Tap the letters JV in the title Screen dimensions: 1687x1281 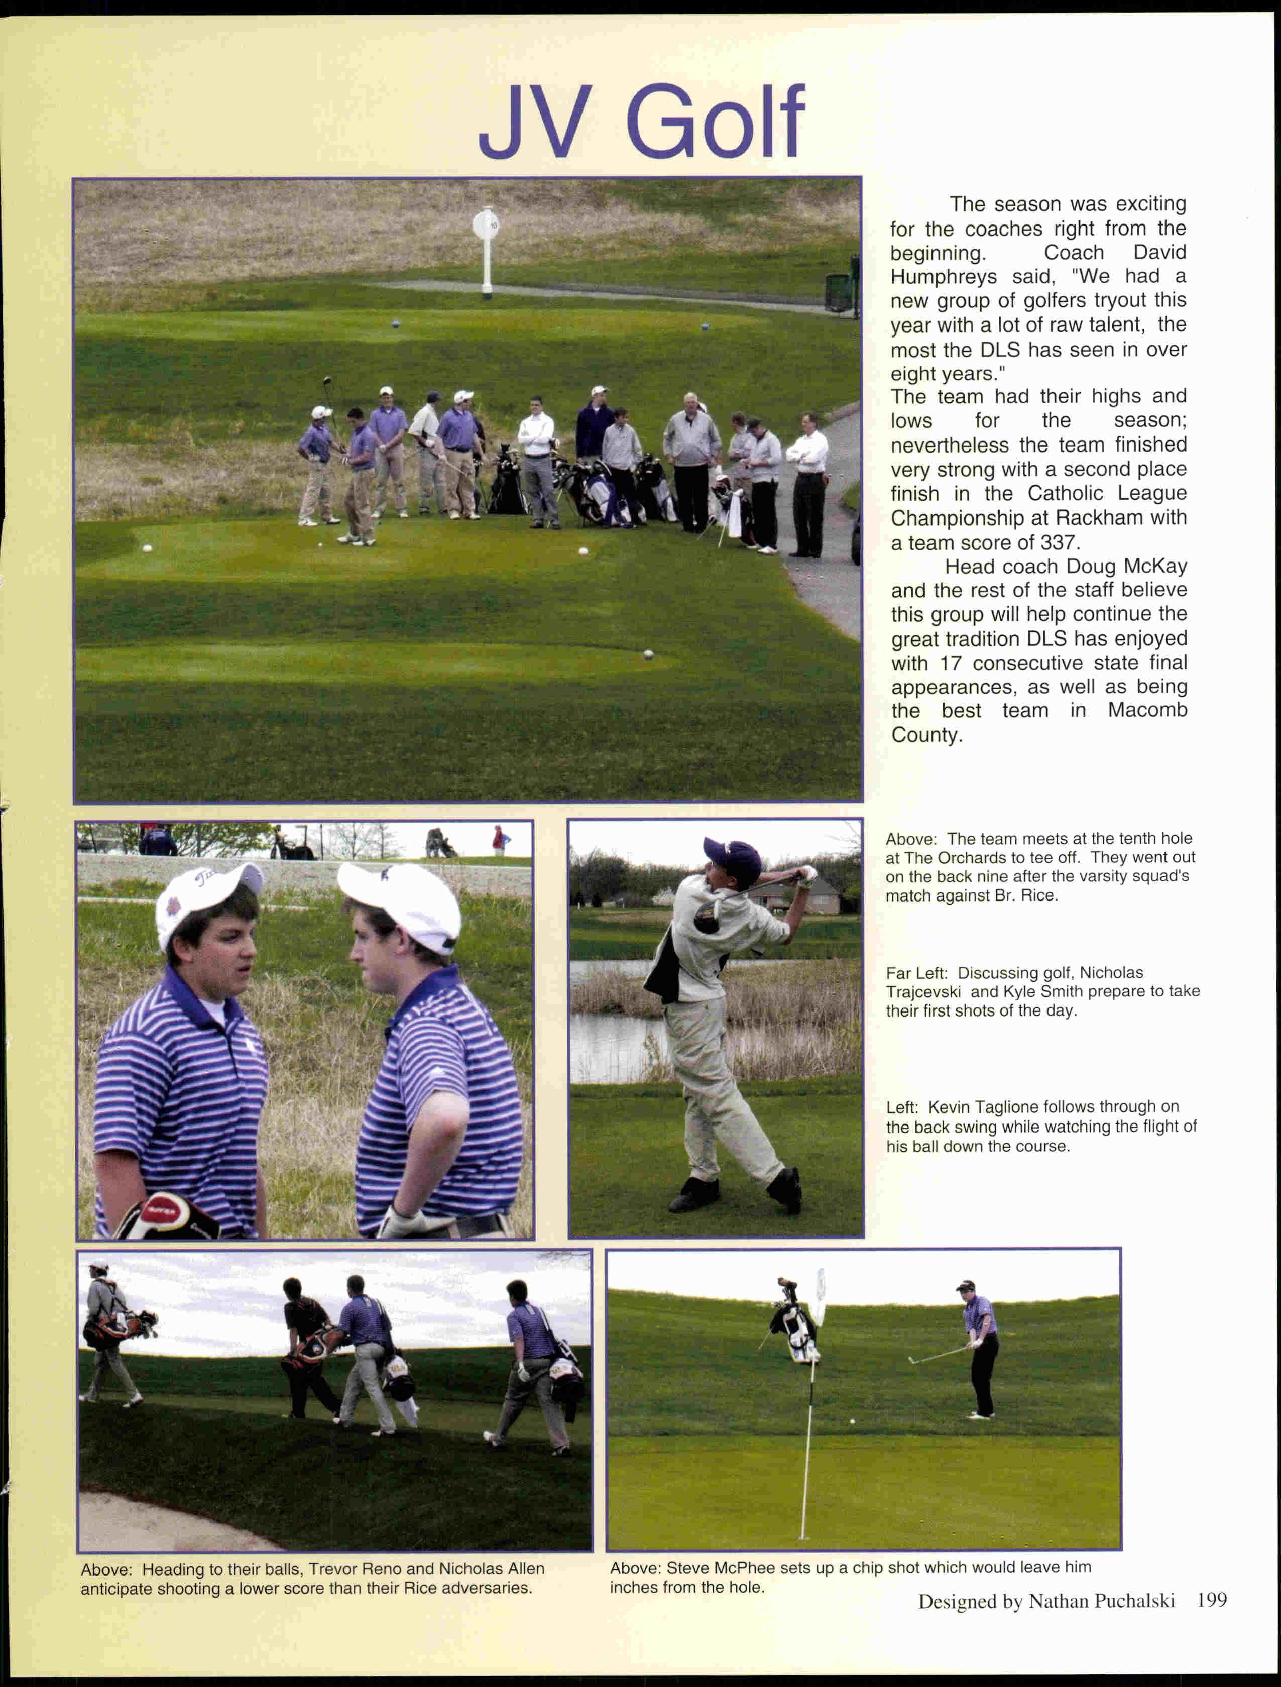point(535,122)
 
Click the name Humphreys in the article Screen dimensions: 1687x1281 point(943,277)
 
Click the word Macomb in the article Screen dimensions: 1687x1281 point(1147,711)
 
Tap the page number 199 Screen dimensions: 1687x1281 point(1212,1600)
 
